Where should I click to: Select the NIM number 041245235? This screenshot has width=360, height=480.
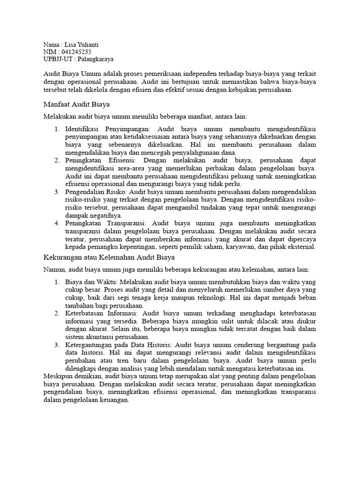[x=77, y=52]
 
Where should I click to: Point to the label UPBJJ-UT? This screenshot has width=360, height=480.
[x=58, y=59]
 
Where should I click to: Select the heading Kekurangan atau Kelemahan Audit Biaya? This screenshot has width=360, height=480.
[x=109, y=258]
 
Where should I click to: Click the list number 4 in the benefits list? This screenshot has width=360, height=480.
[x=56, y=224]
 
